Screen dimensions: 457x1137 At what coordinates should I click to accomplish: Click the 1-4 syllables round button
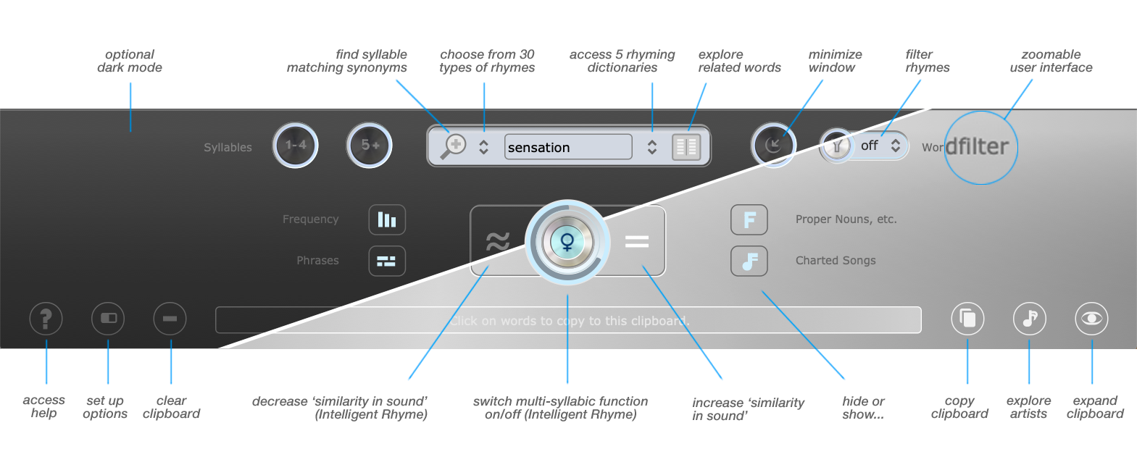point(296,146)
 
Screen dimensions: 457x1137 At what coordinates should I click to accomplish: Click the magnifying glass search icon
point(454,146)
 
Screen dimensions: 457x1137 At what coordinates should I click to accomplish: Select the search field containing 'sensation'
point(567,147)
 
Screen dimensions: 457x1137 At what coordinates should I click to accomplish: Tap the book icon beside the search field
point(686,146)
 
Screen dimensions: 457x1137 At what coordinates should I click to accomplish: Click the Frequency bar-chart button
point(387,219)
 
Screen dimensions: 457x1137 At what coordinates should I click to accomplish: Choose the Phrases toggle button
point(387,261)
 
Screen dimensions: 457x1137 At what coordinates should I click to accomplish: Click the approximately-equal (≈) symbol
point(497,241)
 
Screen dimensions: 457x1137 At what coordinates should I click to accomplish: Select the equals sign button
point(637,241)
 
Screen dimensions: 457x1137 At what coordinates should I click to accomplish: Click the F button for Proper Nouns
point(749,219)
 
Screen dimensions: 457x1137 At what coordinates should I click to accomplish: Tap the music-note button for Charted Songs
point(749,261)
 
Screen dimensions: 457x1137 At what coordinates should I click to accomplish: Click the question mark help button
point(46,319)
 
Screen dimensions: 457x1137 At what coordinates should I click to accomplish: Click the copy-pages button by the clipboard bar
point(967,319)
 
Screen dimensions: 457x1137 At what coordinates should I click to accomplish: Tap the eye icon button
point(1091,319)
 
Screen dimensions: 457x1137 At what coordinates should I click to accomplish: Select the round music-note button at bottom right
point(1029,319)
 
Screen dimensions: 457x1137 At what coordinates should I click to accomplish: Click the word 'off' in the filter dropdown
point(869,146)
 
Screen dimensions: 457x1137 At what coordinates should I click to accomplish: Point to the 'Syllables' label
point(228,147)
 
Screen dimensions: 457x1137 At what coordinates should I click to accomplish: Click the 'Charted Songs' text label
point(836,261)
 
